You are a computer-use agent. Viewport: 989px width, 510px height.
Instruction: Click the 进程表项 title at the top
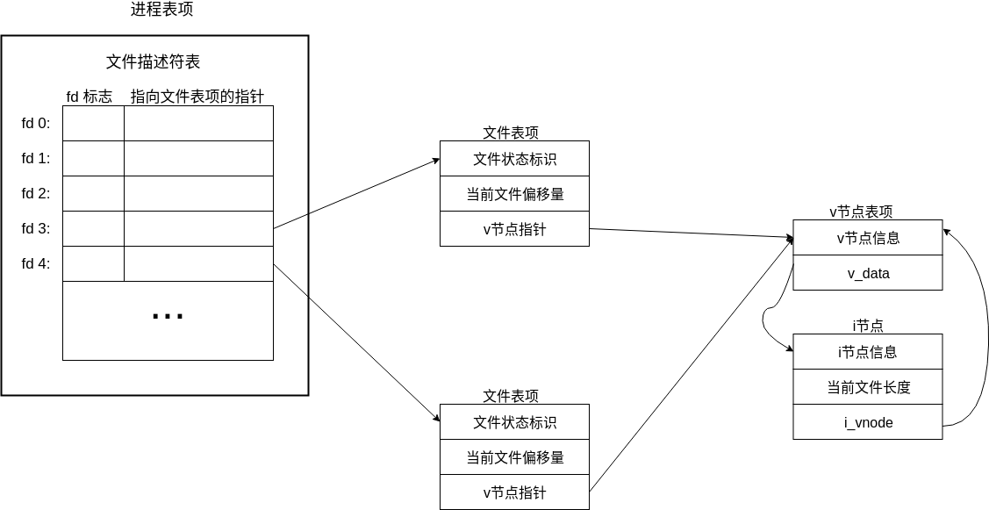click(x=161, y=10)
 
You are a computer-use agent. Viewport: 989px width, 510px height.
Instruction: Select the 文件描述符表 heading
click(x=153, y=61)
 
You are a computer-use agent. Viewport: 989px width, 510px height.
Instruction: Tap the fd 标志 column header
click(x=89, y=97)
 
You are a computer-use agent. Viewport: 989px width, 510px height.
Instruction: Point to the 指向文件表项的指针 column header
click(x=197, y=97)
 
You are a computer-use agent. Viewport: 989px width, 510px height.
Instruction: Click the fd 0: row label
click(x=36, y=123)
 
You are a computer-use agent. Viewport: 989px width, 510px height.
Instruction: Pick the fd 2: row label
click(x=36, y=193)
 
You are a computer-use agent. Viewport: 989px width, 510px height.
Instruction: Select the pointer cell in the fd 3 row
click(x=198, y=228)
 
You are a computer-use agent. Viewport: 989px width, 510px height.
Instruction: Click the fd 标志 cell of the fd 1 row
click(x=93, y=158)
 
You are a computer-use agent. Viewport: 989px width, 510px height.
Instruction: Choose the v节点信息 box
click(x=867, y=238)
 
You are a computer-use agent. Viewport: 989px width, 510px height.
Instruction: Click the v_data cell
click(x=867, y=273)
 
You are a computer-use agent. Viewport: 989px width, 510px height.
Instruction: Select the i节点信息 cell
click(x=867, y=352)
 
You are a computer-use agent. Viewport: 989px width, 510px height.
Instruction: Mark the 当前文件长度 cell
click(x=867, y=387)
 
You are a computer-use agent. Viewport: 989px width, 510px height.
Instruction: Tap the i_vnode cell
click(x=867, y=422)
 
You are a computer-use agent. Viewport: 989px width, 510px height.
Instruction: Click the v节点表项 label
click(x=861, y=212)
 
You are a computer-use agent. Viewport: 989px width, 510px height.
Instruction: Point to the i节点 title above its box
click(x=867, y=326)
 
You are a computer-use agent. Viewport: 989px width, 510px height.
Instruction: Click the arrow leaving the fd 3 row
click(x=355, y=194)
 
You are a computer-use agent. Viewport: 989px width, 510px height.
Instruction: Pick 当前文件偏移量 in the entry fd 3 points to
click(x=514, y=194)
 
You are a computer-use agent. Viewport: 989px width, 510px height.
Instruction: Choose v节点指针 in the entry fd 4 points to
click(x=514, y=492)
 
